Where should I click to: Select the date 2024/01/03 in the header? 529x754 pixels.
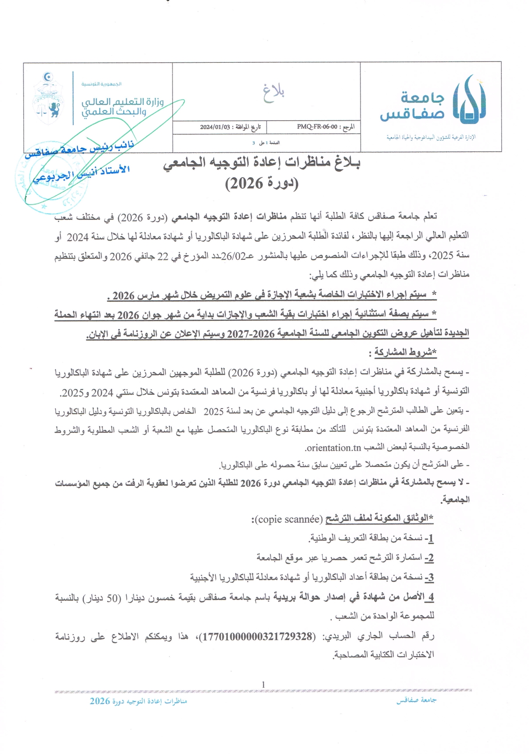pos(215,127)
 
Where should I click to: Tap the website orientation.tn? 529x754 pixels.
pos(333,448)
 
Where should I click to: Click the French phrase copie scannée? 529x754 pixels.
pos(288,520)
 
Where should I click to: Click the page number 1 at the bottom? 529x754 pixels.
pos(263,685)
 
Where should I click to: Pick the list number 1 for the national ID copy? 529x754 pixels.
pos(430,538)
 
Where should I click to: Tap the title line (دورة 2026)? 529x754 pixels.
pos(262,183)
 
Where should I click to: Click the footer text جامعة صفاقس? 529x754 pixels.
pos(416,700)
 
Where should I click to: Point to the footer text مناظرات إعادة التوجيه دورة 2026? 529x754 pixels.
pos(139,701)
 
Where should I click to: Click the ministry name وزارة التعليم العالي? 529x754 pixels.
pos(122,102)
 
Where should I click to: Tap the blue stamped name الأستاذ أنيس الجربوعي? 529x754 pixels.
pos(81,173)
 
